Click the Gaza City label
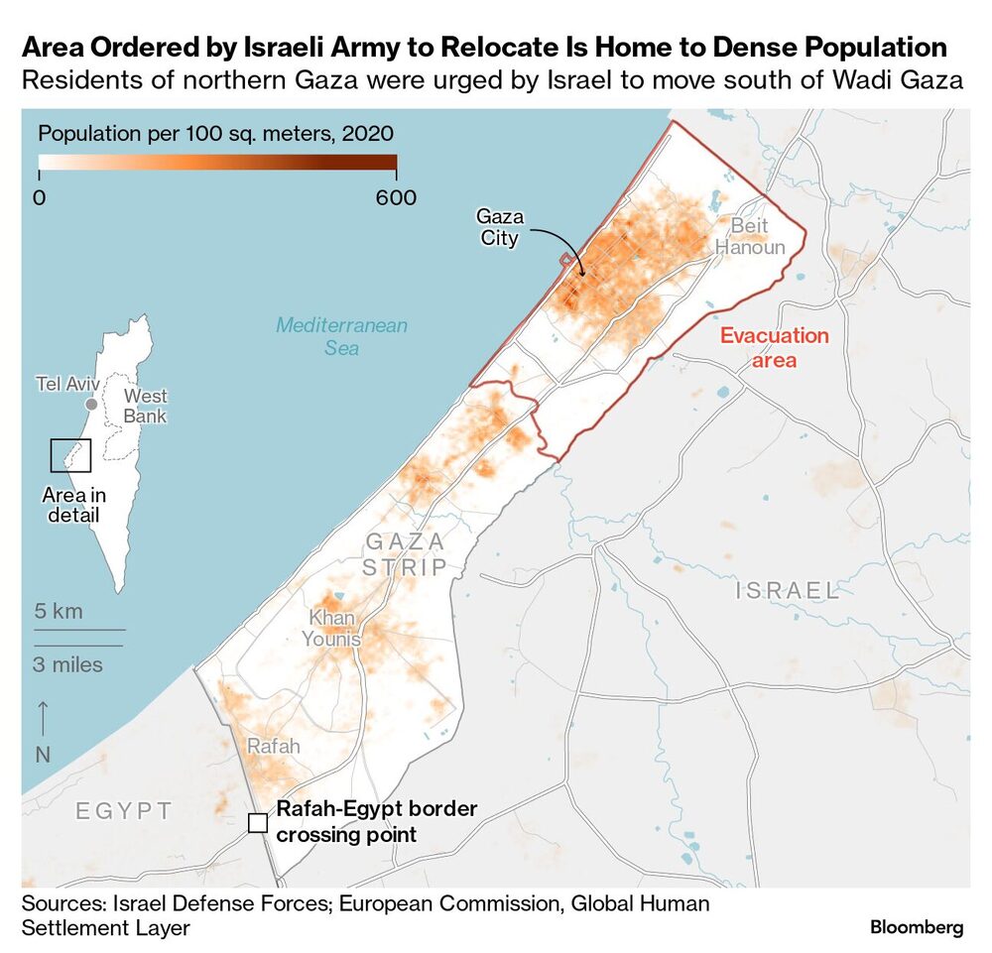[500, 227]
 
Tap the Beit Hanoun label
[750, 236]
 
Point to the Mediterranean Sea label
[341, 336]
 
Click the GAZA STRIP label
[405, 554]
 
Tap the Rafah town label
[272, 746]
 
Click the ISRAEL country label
[788, 591]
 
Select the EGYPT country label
[124, 810]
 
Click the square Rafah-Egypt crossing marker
[257, 822]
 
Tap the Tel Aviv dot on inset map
[91, 404]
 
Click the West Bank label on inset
[145, 407]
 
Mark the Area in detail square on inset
[70, 455]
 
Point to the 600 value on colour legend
[396, 197]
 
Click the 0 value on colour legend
[39, 197]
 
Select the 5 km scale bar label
[59, 611]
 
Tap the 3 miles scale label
[67, 664]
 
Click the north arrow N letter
[43, 755]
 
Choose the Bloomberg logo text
[916, 927]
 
